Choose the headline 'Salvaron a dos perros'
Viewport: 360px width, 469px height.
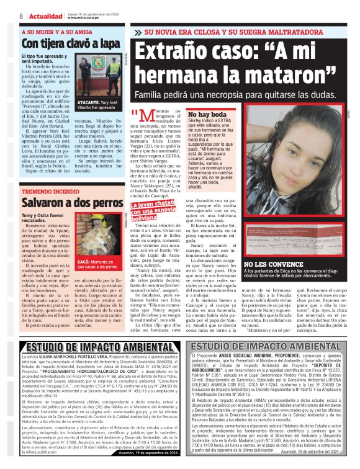[x=72, y=203]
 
